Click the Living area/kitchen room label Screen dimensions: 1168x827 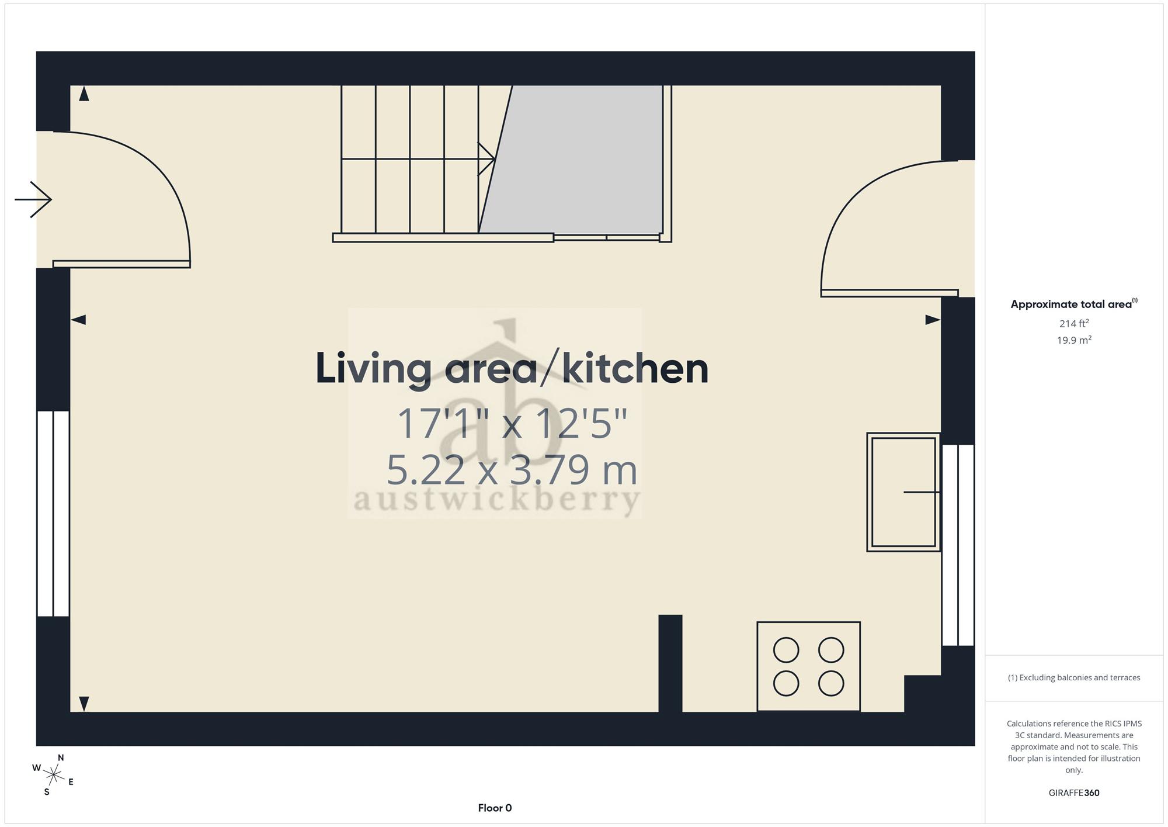(x=512, y=369)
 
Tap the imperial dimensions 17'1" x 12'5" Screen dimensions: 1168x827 (x=512, y=424)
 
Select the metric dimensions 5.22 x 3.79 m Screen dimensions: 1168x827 (x=512, y=470)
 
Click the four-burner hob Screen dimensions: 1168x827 (x=808, y=666)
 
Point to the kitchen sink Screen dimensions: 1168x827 (x=903, y=492)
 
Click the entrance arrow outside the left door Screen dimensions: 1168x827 (x=33, y=199)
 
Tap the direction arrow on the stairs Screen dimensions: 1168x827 (x=418, y=159)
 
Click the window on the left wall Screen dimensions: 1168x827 (x=53, y=514)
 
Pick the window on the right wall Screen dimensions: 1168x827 (x=958, y=545)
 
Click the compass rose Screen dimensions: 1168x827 (x=53, y=776)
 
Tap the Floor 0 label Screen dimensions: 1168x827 (x=495, y=808)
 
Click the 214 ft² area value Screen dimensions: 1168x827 (x=1074, y=323)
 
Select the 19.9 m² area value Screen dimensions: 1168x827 (x=1074, y=340)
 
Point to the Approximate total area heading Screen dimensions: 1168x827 (x=1074, y=304)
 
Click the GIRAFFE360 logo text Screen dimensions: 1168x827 (x=1074, y=793)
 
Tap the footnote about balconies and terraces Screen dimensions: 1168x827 (x=1074, y=677)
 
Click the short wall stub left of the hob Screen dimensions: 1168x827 (x=670, y=663)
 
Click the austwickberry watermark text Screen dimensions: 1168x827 (x=497, y=500)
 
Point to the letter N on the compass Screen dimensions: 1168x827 (x=61, y=758)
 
